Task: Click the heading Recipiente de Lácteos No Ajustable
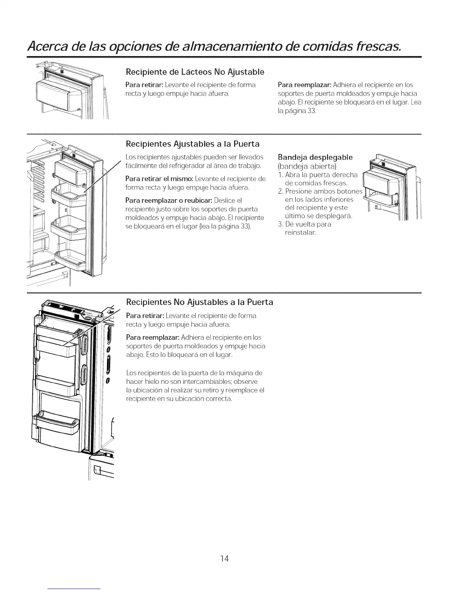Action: click(x=195, y=71)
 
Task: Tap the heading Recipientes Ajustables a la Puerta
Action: click(x=193, y=144)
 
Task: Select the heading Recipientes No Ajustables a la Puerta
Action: click(x=200, y=302)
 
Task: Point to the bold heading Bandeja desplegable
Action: click(x=315, y=156)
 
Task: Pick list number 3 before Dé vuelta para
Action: click(x=281, y=225)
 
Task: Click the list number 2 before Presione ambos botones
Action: click(x=281, y=191)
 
